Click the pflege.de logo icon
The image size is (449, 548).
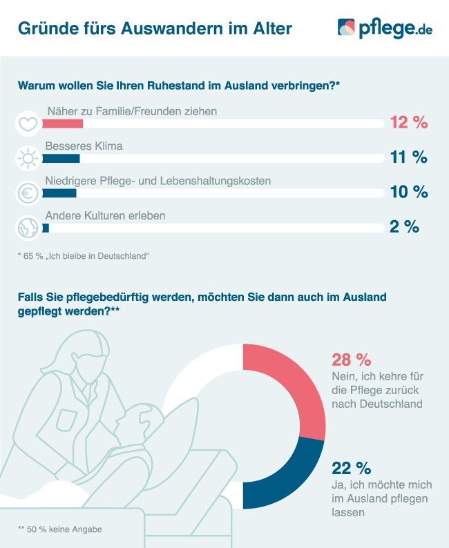[347, 28]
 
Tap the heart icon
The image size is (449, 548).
[27, 124]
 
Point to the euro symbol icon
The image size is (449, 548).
[27, 194]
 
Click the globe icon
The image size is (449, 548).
[27, 228]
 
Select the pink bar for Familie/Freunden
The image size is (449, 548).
[63, 124]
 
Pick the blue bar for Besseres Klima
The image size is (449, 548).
[61, 158]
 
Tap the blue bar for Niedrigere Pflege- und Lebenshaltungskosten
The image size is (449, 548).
[59, 193]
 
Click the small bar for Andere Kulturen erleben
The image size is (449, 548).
[46, 227]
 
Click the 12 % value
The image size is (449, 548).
[409, 123]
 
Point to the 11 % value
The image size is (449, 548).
[409, 157]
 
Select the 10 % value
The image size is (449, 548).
[409, 192]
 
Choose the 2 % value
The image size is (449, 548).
[404, 226]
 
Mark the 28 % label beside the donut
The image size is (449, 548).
[352, 360]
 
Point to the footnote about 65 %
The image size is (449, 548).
[84, 256]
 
